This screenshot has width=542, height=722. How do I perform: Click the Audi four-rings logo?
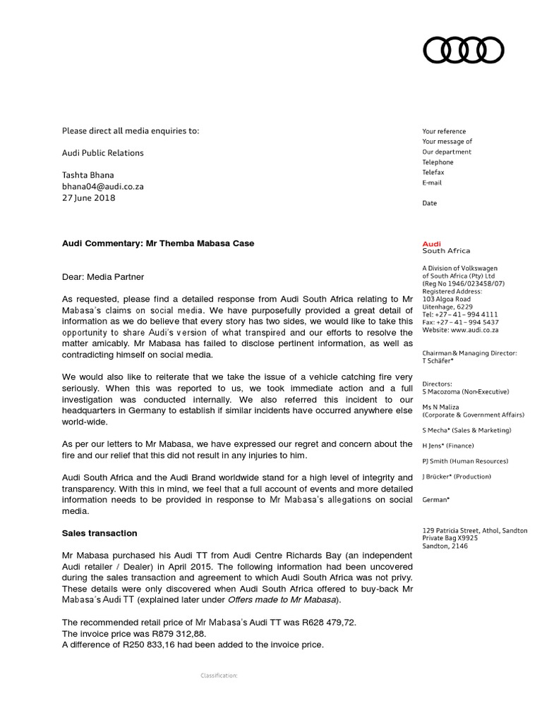tap(463, 49)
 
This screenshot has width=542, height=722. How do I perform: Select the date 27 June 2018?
tap(89, 198)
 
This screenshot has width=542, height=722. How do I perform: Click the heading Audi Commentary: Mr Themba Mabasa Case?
tap(158, 243)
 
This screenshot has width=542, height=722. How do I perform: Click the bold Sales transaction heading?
tap(100, 533)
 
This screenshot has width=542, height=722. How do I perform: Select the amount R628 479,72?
tap(295, 622)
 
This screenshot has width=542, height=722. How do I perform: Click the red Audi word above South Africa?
tap(431, 243)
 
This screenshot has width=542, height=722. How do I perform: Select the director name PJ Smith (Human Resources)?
tap(465, 461)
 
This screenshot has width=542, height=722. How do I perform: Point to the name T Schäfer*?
tap(440, 360)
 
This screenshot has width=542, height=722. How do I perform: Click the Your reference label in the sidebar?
tap(444, 131)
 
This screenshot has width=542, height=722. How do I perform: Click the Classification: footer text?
tap(219, 675)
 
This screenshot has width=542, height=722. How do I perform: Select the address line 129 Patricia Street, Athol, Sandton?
tap(474, 530)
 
